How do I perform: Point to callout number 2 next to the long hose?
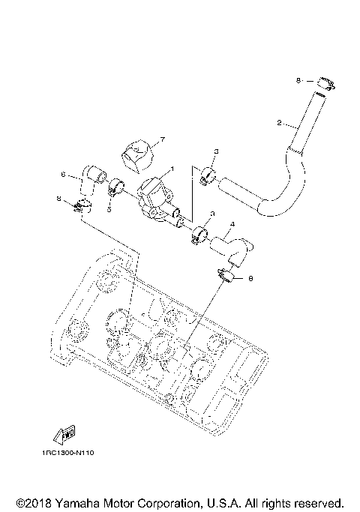pyautogui.click(x=279, y=123)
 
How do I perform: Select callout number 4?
pyautogui.click(x=232, y=224)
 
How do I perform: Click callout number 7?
pyautogui.click(x=159, y=139)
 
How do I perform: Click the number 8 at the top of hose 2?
pyautogui.click(x=298, y=80)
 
